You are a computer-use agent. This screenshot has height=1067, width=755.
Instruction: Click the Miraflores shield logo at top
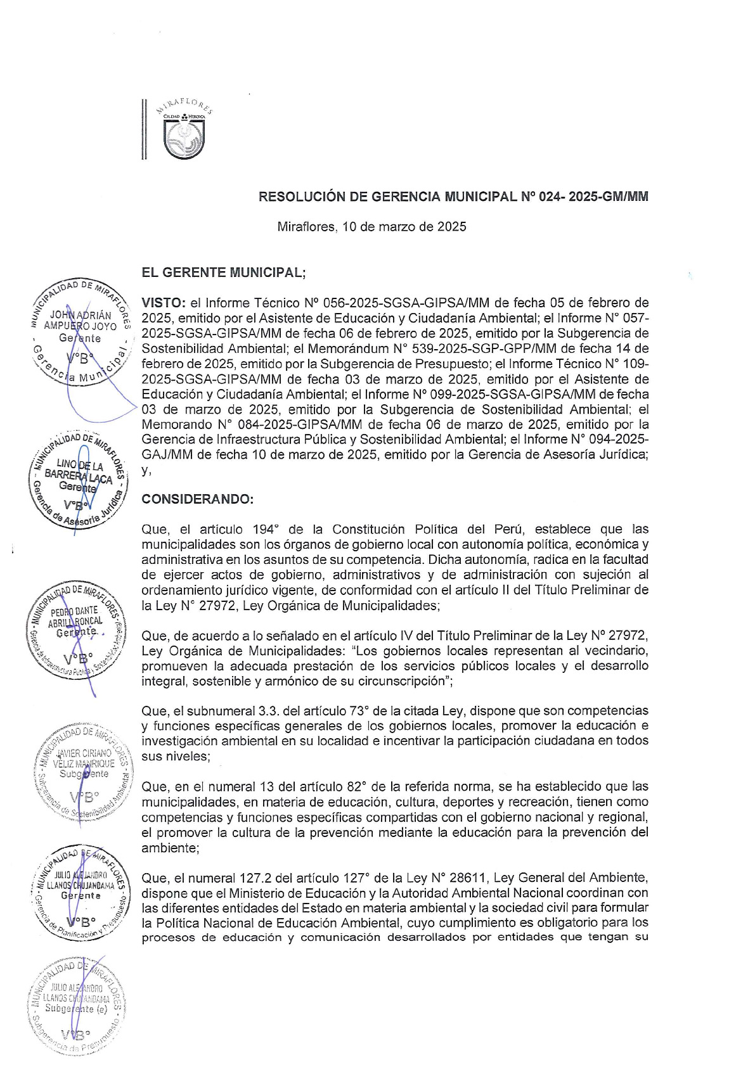click(184, 137)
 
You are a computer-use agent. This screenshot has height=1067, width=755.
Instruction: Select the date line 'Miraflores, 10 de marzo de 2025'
click(371, 227)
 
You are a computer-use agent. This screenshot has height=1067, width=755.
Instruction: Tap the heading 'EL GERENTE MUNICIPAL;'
click(223, 273)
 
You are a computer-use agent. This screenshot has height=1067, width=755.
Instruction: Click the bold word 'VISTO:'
click(163, 303)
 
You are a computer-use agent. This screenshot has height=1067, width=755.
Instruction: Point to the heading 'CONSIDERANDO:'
click(197, 499)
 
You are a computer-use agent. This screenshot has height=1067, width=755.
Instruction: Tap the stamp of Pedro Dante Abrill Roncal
click(76, 630)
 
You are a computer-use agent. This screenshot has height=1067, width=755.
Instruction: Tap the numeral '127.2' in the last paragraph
click(257, 878)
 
